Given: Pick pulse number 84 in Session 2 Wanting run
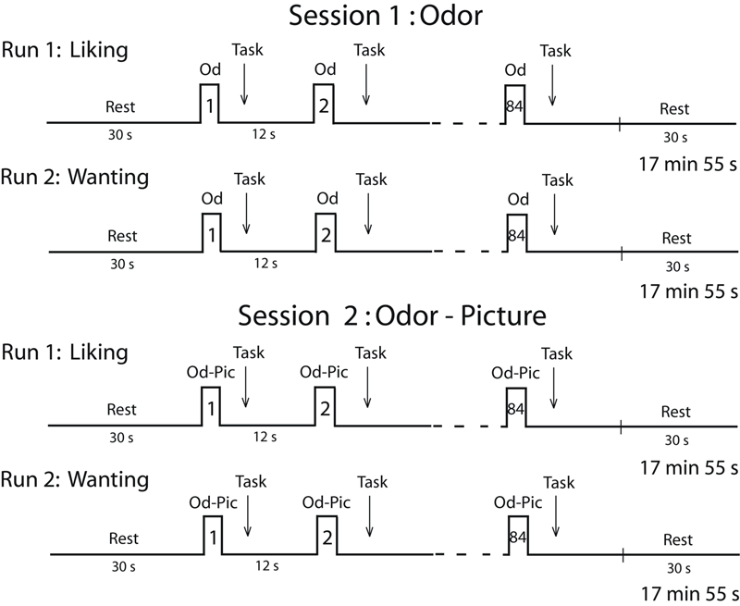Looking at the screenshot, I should (x=516, y=538).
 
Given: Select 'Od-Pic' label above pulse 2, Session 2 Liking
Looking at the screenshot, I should (x=326, y=372).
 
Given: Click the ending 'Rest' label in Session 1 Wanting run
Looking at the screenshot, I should (x=676, y=238).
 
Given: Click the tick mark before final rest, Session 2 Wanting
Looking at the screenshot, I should (x=623, y=554).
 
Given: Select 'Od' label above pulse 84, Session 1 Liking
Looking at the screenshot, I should (x=515, y=70).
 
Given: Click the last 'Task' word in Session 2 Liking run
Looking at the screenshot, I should (x=555, y=352).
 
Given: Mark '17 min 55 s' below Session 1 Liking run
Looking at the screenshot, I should (x=687, y=164).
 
